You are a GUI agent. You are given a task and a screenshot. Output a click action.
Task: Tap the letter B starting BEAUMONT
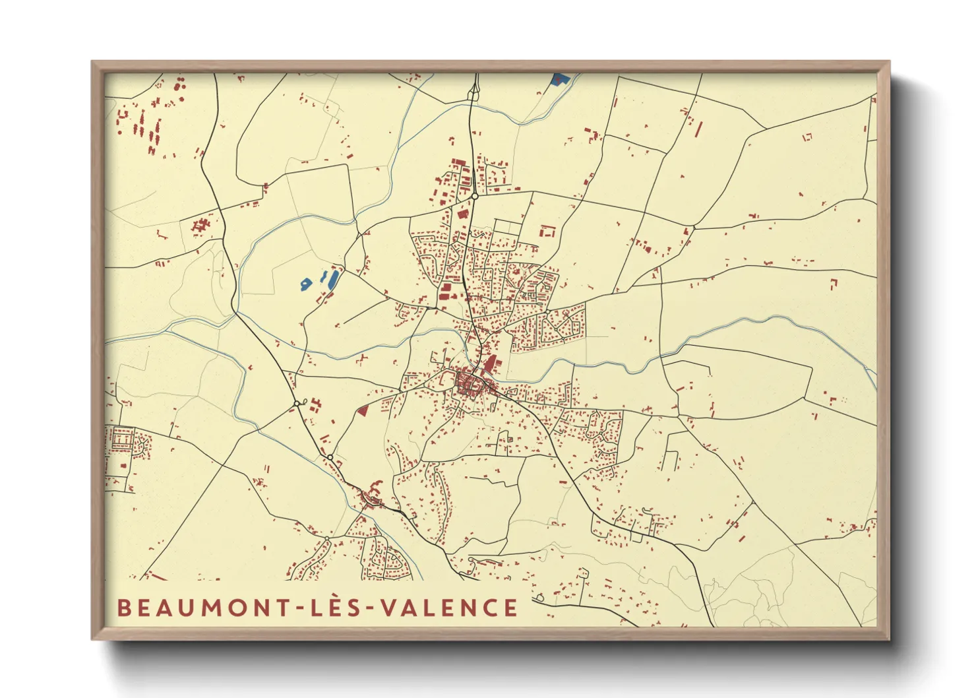point(123,608)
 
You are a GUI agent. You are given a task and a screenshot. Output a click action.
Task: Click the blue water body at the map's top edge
point(559,80)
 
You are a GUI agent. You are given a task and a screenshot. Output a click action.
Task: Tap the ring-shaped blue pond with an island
point(305,284)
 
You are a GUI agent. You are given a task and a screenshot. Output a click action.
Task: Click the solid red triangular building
point(362,410)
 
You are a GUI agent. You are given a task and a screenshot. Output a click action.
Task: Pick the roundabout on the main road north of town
point(474,196)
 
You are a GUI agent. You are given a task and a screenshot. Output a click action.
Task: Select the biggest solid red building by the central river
point(491,364)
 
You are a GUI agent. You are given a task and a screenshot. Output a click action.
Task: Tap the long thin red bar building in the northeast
point(698,129)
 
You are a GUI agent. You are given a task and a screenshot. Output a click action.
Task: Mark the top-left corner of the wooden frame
point(93,63)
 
